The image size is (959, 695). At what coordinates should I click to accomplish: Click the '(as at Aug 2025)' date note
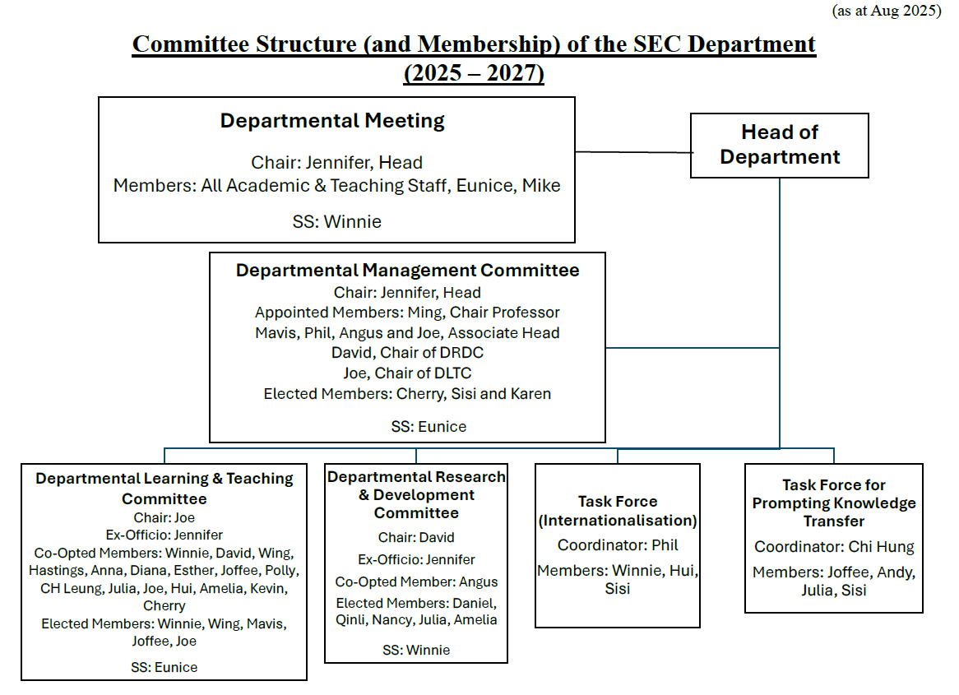[x=887, y=11]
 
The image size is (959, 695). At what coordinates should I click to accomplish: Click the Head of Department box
[x=779, y=146]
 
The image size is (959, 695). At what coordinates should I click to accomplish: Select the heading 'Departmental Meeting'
[x=332, y=121]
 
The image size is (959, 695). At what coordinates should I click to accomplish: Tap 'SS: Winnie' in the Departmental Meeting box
[x=336, y=221]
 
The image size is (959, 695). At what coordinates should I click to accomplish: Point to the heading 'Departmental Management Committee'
[x=407, y=271]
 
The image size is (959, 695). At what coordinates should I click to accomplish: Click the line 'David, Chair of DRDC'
[x=407, y=353]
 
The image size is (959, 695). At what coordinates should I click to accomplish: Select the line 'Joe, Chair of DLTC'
[x=407, y=373]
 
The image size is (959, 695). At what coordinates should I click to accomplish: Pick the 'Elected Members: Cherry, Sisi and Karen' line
[x=407, y=393]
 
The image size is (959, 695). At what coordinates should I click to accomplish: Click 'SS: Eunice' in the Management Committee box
[x=429, y=426]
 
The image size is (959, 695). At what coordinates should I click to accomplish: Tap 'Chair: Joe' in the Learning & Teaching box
[x=164, y=517]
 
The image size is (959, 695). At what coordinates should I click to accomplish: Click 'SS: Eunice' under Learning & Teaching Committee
[x=164, y=668]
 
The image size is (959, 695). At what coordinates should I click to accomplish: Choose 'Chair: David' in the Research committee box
[x=416, y=538]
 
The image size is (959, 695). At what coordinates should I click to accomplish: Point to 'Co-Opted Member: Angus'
[x=416, y=581]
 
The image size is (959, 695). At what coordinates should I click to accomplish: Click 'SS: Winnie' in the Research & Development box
[x=416, y=650]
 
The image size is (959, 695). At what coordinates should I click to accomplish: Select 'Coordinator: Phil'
[x=618, y=545]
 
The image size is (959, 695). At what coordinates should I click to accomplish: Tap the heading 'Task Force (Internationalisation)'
[x=618, y=511]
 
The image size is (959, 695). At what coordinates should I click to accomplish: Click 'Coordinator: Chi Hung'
[x=834, y=547]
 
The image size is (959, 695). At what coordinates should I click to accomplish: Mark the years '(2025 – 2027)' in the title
[x=474, y=73]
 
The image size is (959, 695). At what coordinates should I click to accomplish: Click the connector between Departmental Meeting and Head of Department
[x=633, y=151]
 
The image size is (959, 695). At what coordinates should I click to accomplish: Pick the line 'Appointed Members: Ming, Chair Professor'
[x=407, y=313]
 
